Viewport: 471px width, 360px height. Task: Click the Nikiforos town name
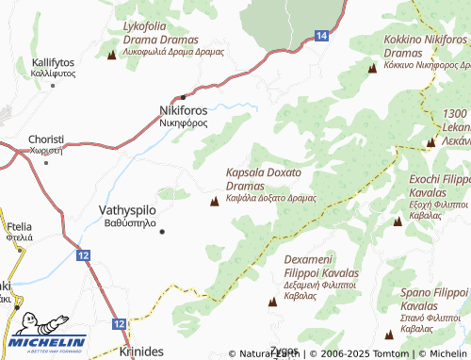point(182,110)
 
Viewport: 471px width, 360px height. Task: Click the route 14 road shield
point(321,35)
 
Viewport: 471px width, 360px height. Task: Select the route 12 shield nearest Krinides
point(119,323)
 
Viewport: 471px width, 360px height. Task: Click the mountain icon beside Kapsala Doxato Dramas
point(213,199)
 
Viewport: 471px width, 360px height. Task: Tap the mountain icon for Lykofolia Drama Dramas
point(112,55)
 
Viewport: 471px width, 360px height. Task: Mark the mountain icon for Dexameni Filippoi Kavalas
point(273,302)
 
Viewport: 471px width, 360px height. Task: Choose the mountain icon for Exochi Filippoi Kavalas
point(398,221)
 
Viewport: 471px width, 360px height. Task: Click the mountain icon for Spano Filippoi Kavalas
point(389,335)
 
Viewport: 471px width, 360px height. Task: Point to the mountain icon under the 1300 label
point(430,142)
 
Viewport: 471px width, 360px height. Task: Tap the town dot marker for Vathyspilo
point(162,231)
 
